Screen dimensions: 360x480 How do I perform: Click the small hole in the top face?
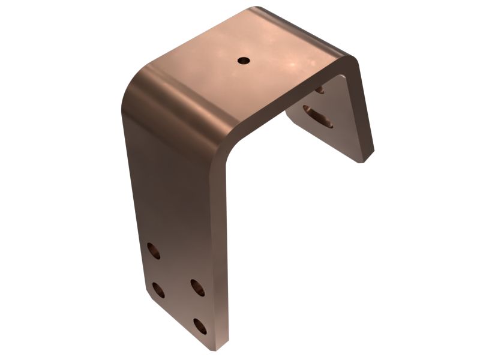pos(244,60)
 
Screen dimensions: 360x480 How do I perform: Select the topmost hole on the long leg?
pos(154,250)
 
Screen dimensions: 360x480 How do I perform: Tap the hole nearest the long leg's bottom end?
pos(200,326)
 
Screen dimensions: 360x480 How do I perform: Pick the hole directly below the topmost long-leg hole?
pos(158,290)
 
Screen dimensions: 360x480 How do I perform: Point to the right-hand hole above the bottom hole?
pos(197,287)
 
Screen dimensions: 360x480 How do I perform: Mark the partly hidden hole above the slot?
pos(319,90)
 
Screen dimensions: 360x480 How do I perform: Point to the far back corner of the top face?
pos(255,8)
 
